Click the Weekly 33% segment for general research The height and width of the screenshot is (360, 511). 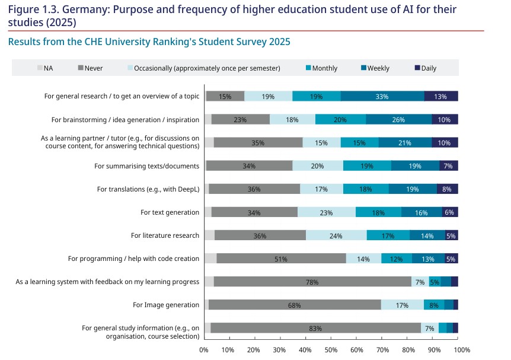(382, 96)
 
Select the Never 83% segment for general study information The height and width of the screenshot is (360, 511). (315, 328)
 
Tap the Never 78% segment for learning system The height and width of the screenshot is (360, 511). (312, 282)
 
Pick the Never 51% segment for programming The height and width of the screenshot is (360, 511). (282, 259)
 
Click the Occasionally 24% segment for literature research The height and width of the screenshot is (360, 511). (336, 235)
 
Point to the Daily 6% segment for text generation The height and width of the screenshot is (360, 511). (450, 212)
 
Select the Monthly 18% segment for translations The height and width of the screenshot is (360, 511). (366, 189)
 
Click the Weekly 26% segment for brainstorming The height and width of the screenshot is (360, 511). (398, 119)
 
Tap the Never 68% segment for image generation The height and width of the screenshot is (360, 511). (295, 305)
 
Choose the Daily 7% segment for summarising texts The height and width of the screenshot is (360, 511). (448, 166)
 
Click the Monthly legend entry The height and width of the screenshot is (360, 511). (324, 68)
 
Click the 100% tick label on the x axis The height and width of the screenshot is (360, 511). (462, 351)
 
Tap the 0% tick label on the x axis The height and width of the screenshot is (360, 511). (204, 351)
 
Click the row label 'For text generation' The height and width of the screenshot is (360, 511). (170, 212)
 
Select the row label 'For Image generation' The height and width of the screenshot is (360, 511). (166, 305)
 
